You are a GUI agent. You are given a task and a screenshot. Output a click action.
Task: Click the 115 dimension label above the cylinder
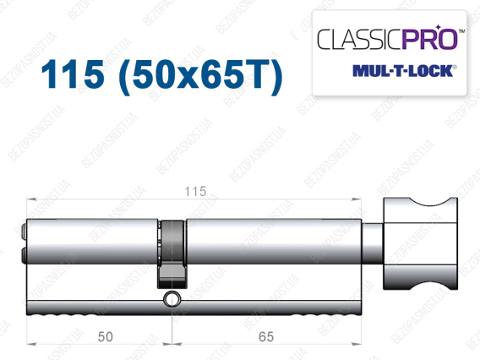tap(195, 192)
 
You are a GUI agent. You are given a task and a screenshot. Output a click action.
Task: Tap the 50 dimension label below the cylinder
tap(106, 336)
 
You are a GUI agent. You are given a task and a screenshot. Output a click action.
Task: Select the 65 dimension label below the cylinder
tap(266, 336)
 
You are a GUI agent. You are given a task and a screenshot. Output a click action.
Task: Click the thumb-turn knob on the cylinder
tap(420, 243)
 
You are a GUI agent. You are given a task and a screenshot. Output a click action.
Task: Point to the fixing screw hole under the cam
tap(172, 299)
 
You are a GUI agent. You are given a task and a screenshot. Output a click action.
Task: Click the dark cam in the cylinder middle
tap(172, 254)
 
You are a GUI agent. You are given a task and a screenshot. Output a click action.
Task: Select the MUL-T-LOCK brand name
tap(403, 71)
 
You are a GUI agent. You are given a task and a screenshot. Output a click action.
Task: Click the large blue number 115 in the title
tap(73, 74)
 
